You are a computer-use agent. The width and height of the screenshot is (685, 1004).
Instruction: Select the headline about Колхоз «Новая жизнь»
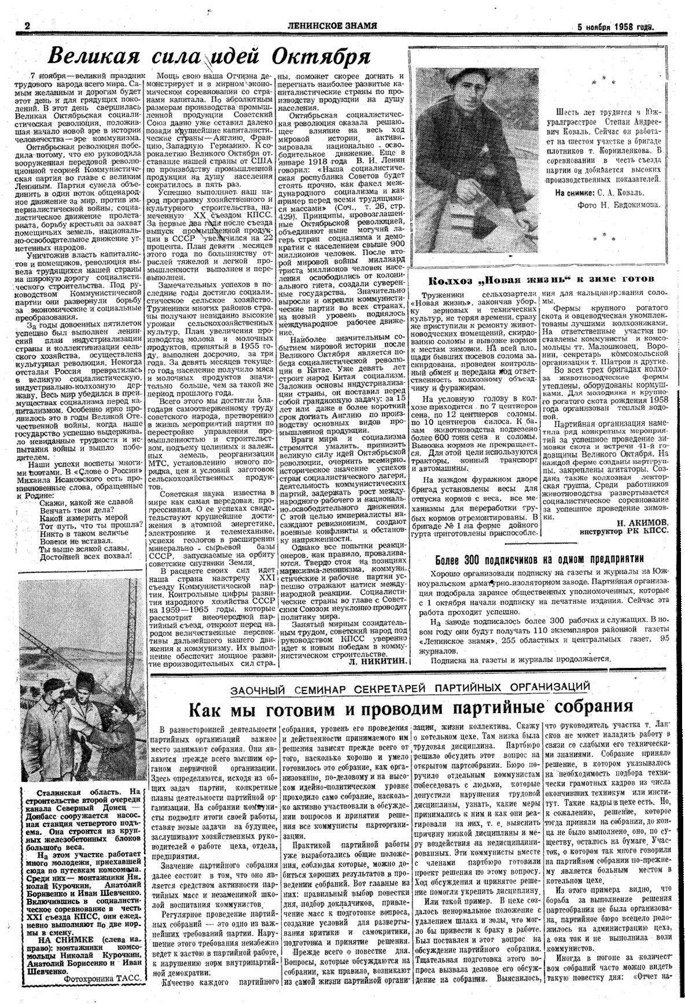click(x=540, y=279)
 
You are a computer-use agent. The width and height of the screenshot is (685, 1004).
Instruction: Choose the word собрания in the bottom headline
click(x=585, y=707)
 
